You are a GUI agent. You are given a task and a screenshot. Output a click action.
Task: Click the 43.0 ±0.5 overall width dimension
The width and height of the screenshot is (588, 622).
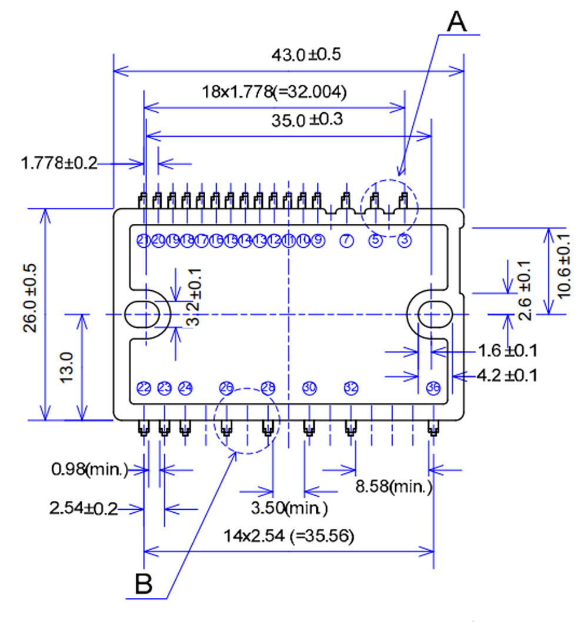click(306, 55)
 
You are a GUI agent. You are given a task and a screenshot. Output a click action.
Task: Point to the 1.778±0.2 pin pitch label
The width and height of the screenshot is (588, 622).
click(59, 163)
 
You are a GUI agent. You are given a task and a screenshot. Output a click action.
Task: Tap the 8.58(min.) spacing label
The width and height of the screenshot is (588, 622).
click(394, 486)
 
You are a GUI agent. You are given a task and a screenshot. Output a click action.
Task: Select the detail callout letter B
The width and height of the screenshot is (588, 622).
click(143, 583)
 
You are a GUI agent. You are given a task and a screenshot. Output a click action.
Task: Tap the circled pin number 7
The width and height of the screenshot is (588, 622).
click(346, 240)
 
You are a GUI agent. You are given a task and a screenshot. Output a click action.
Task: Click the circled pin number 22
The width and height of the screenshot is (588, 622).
click(143, 388)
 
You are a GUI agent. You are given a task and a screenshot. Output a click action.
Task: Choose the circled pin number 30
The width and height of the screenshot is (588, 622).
click(309, 388)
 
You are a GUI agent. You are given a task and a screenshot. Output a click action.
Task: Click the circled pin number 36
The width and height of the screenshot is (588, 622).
click(433, 388)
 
